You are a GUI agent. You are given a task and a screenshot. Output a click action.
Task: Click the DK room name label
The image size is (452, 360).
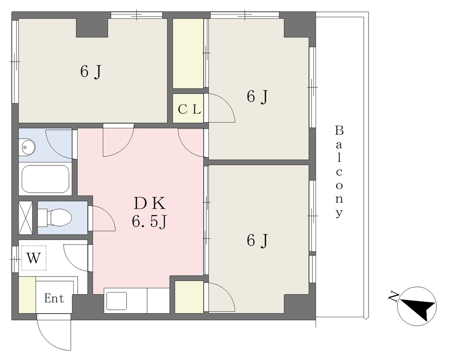(150, 203)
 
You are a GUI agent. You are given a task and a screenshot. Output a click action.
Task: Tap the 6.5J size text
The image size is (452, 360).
(150, 222)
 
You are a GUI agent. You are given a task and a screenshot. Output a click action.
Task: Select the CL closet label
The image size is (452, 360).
(189, 109)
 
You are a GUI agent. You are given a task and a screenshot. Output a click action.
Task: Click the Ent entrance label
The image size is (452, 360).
(54, 298)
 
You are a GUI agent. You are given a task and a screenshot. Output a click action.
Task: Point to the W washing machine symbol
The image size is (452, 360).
(34, 258)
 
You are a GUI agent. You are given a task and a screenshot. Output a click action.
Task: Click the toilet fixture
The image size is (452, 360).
(55, 217)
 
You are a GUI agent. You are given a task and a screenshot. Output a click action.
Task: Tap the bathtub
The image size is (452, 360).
(45, 179)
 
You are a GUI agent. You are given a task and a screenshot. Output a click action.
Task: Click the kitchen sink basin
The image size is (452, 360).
(117, 301)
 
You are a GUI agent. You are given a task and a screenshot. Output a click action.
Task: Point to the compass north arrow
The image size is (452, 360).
(417, 307)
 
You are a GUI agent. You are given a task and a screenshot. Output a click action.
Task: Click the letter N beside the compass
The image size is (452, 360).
(393, 296)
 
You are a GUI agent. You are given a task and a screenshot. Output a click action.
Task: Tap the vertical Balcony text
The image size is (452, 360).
(339, 172)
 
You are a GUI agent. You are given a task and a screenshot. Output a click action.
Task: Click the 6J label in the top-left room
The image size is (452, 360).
(91, 71)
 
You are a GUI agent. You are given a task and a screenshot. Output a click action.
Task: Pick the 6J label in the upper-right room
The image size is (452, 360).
(257, 96)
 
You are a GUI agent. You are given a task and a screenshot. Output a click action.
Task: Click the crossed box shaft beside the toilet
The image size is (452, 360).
(25, 218)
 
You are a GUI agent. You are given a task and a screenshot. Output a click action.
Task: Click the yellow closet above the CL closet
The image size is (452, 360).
(188, 53)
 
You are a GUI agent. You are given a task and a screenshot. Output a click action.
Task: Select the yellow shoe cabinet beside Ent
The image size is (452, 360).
(27, 294)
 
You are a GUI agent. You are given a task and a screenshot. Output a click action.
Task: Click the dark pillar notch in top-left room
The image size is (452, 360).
(92, 28)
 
